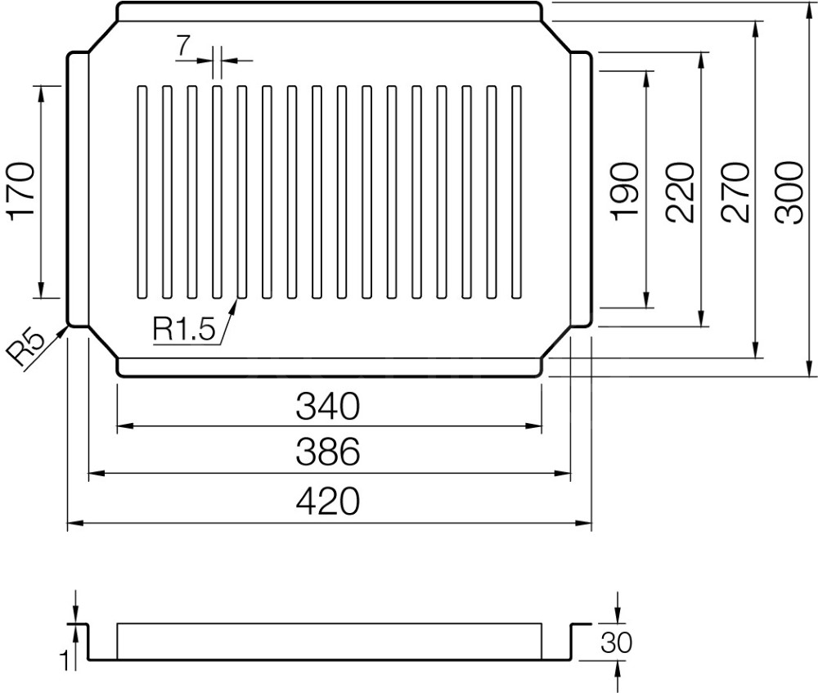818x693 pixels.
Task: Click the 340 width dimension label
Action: point(328,406)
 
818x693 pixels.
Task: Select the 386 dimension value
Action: point(328,452)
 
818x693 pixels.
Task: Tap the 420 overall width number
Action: point(328,501)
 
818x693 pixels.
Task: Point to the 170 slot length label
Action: point(21,192)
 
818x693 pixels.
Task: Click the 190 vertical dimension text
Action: point(625,192)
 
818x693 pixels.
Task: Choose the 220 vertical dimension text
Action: point(681,192)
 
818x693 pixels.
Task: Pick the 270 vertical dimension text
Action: point(735,192)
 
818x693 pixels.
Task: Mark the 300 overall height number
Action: point(789,192)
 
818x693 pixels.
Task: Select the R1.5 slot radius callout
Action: point(183,329)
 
